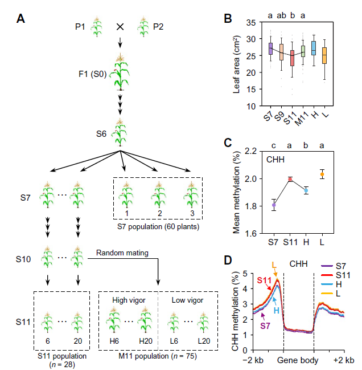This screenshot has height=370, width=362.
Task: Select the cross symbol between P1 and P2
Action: pyautogui.click(x=120, y=27)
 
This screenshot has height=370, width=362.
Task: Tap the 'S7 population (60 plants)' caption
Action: pyautogui.click(x=157, y=231)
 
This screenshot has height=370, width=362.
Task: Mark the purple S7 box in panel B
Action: pyautogui.click(x=270, y=48)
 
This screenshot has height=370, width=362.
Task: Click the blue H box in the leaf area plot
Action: pyautogui.click(x=313, y=48)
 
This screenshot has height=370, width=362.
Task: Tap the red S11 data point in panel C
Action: pyautogui.click(x=289, y=179)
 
